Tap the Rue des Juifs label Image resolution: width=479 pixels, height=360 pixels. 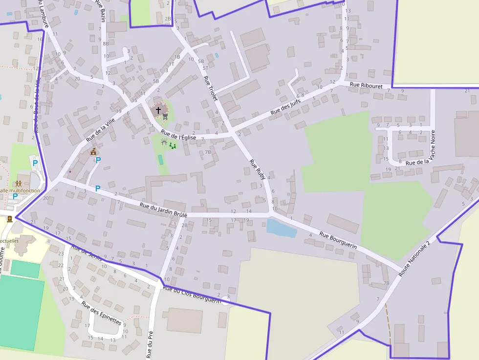click(x=286, y=106)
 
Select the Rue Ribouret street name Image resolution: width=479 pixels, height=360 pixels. click(x=366, y=85)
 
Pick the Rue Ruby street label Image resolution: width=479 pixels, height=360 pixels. click(x=257, y=169)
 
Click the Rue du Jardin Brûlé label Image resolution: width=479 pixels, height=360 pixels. click(x=163, y=210)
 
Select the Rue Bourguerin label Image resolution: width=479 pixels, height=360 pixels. click(x=338, y=241)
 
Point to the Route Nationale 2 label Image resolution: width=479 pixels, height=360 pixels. click(x=414, y=259)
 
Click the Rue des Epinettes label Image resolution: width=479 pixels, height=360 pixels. click(x=101, y=313)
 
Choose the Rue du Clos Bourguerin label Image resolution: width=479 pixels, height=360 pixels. click(x=192, y=293)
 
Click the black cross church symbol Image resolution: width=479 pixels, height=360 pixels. click(x=158, y=110)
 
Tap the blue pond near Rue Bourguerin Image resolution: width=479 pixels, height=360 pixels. click(x=281, y=228)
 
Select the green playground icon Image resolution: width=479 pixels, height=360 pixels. click(x=172, y=145)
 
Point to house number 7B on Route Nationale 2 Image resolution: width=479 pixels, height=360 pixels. click(x=386, y=283)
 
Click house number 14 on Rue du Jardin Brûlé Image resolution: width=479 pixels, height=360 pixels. click(x=249, y=212)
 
